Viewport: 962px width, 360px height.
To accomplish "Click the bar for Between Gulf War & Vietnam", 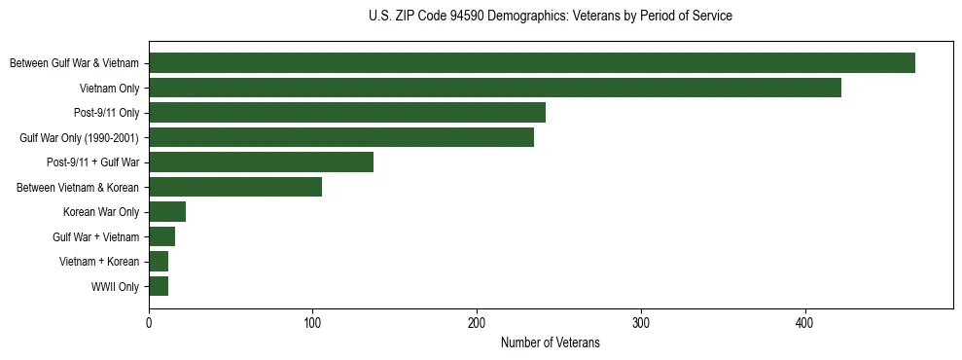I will point(531,63).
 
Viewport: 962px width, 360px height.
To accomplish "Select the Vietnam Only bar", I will point(494,88).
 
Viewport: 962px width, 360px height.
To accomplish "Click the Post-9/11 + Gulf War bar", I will point(261,162).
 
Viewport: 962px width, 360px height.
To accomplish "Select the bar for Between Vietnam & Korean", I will point(234,187).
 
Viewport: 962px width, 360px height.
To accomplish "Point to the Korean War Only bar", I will point(166,212).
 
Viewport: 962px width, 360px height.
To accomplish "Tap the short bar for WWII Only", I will point(158,286).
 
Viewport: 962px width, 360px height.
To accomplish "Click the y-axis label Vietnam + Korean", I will point(99,262).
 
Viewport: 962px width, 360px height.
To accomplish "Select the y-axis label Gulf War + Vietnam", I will point(95,237).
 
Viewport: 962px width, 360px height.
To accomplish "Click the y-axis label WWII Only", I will point(115,287).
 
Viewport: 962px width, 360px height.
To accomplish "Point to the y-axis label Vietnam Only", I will point(109,89).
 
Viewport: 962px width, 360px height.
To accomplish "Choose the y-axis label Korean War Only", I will point(101,212).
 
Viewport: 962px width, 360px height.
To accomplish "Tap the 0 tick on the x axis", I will point(149,323).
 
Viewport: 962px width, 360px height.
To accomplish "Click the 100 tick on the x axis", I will point(312,323).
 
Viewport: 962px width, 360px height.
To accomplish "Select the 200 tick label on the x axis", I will point(477,323).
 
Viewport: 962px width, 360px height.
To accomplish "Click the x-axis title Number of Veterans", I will point(550,343).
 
